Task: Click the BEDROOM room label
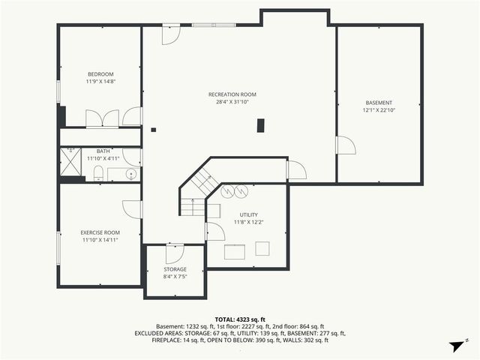tap(100, 73)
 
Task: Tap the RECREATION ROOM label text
tap(232, 94)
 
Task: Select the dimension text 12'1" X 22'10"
tap(379, 110)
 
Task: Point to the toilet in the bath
tap(98, 175)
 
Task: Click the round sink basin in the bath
tap(131, 175)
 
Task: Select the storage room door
tap(174, 253)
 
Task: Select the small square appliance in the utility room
tap(263, 248)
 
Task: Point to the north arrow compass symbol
tap(455, 346)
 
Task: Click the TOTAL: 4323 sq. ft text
tap(240, 319)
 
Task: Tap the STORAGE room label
tap(175, 269)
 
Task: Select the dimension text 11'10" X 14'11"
tap(100, 241)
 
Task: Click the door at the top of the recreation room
tap(171, 35)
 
